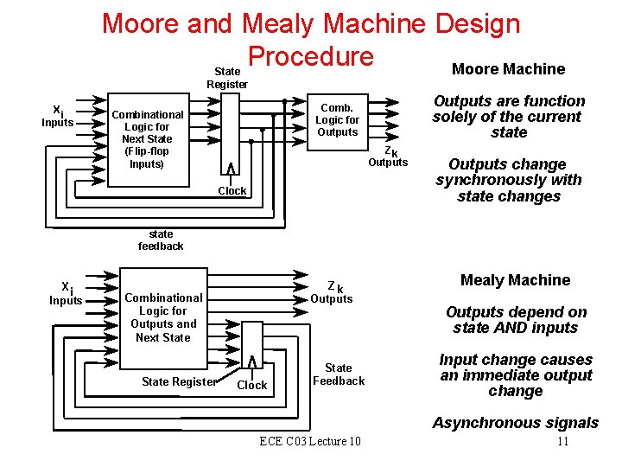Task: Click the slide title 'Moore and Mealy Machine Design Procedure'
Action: pyautogui.click(x=311, y=38)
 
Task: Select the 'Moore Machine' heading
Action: pyautogui.click(x=508, y=69)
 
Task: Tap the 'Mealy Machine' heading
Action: pyautogui.click(x=515, y=280)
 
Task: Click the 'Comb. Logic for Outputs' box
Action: pyautogui.click(x=337, y=120)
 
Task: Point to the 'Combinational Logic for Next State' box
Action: pyautogui.click(x=147, y=138)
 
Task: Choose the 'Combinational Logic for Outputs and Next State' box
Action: pyautogui.click(x=163, y=317)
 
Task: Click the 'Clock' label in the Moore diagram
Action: pyautogui.click(x=232, y=191)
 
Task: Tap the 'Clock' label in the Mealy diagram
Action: pyautogui.click(x=251, y=386)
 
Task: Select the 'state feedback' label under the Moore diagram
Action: pyautogui.click(x=161, y=240)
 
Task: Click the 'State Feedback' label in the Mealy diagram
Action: pyautogui.click(x=339, y=374)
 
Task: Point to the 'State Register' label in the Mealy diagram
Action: pyautogui.click(x=179, y=381)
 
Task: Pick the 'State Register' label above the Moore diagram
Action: pyautogui.click(x=227, y=78)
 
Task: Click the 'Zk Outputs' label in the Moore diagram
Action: pyautogui.click(x=389, y=157)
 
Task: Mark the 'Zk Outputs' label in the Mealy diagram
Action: pyautogui.click(x=332, y=292)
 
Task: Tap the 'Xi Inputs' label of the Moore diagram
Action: pyautogui.click(x=58, y=117)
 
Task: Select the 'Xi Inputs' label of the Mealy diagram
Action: pyautogui.click(x=66, y=294)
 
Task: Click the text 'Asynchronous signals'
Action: pyautogui.click(x=515, y=423)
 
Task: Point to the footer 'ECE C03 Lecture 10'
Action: pyautogui.click(x=310, y=442)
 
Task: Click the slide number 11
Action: pyautogui.click(x=562, y=442)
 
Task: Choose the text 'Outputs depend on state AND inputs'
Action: pyautogui.click(x=516, y=320)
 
